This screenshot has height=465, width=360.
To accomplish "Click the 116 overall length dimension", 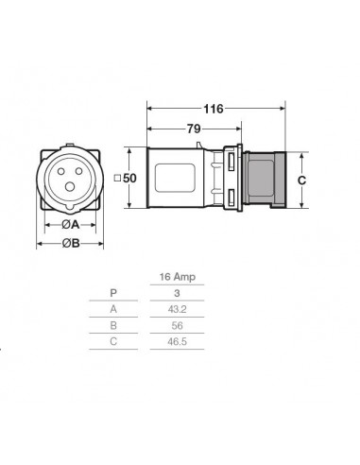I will [214, 110].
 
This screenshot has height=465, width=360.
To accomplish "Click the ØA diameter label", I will [70, 225].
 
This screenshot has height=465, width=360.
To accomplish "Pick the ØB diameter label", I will [70, 243].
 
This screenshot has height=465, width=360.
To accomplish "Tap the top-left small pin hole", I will [60, 170].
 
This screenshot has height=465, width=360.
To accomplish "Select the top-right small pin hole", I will [79, 170].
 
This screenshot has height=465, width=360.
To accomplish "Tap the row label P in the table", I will [113, 292].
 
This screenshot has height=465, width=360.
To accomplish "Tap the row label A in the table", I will [113, 308].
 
